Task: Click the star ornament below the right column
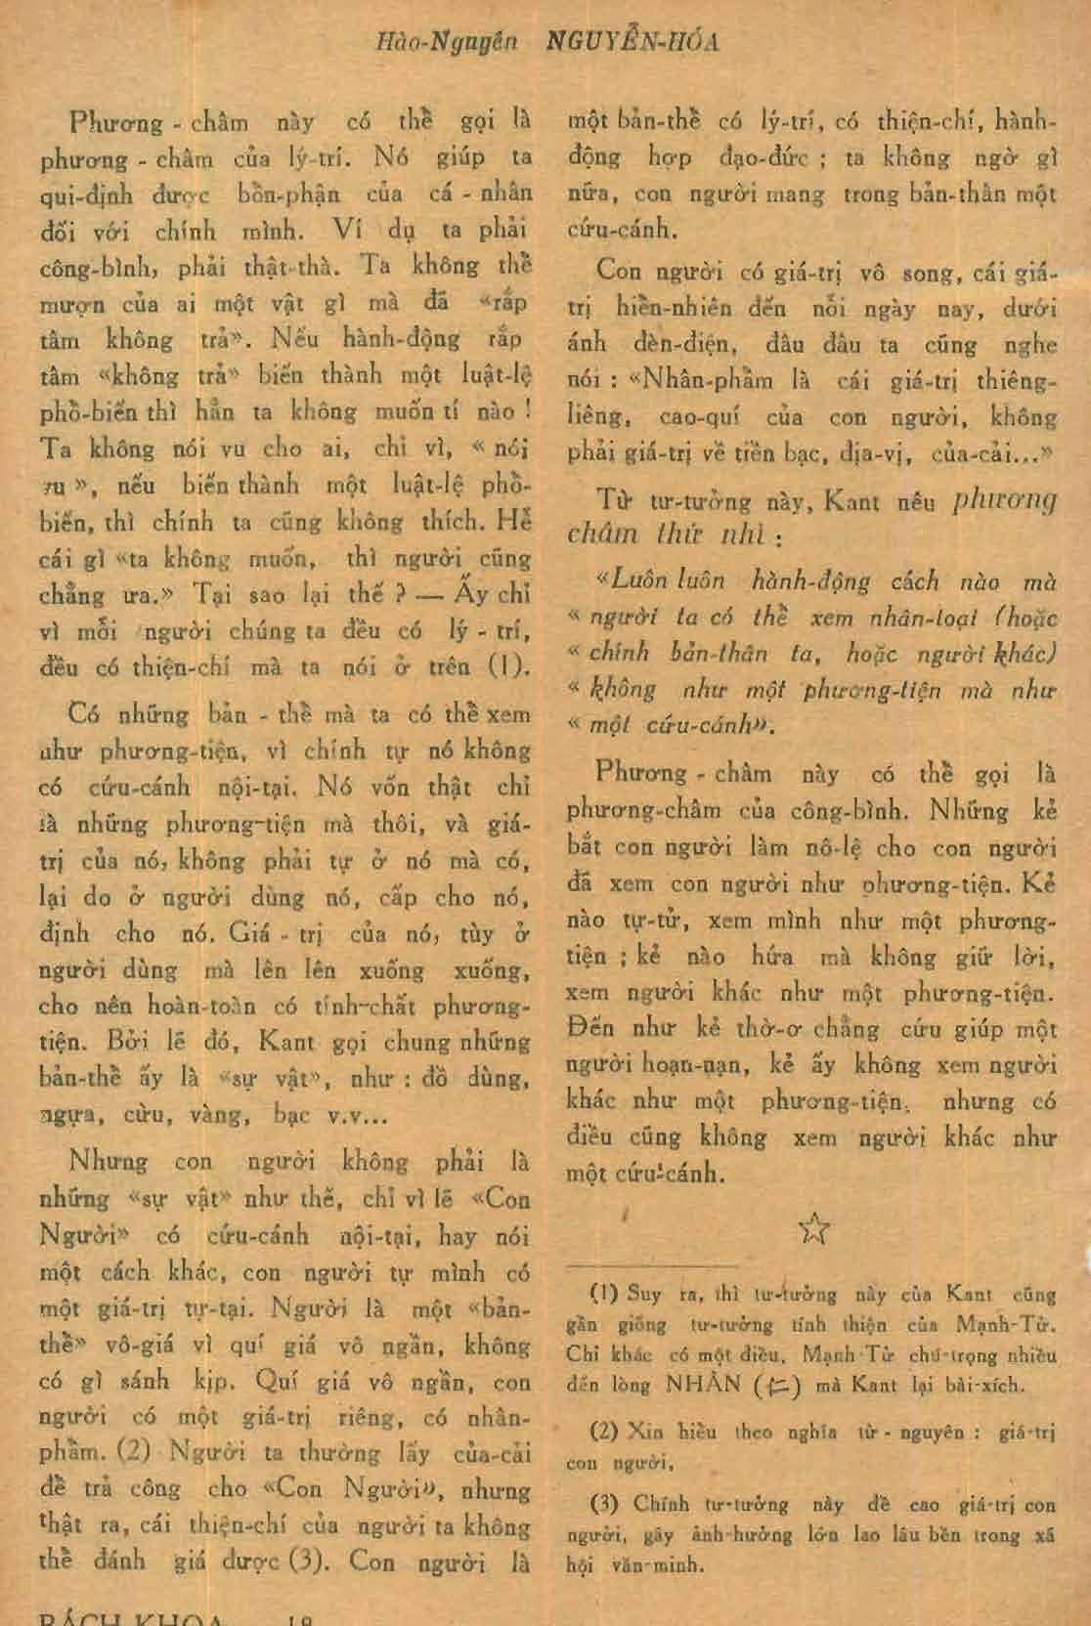click(814, 1230)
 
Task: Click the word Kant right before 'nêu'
click(855, 503)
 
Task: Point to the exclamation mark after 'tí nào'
click(525, 411)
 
